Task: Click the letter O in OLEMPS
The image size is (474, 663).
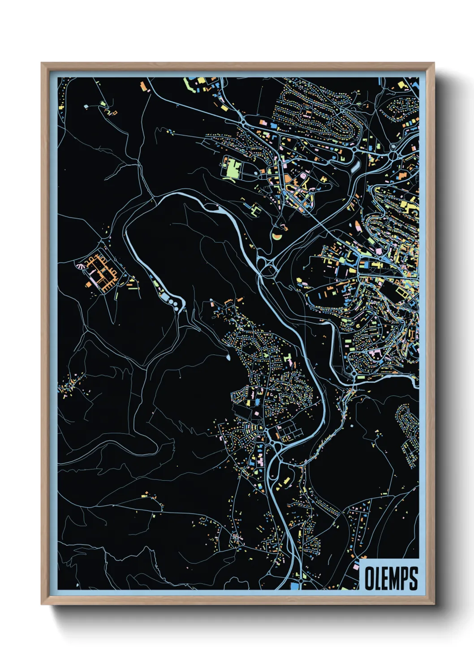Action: coord(370,579)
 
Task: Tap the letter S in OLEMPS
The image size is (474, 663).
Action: coord(413,579)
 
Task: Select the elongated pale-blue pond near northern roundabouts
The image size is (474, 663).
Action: coord(356,167)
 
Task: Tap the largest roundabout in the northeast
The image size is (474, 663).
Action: coord(393,155)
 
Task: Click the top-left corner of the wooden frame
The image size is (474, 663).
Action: coord(42,64)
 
